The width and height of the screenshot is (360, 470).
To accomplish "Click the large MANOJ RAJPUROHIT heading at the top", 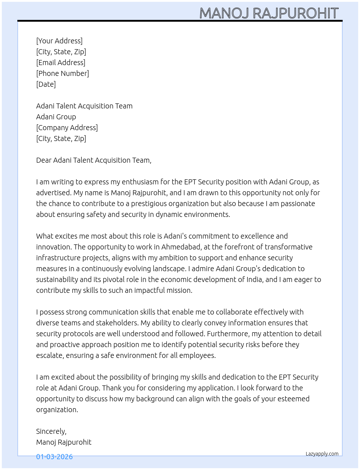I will [x=269, y=13].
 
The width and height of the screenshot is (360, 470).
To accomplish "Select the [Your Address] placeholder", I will [x=59, y=41].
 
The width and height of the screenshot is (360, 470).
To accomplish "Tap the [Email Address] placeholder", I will [x=61, y=63].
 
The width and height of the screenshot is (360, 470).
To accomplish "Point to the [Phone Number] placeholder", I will [x=63, y=73].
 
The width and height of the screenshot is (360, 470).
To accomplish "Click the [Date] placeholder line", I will [x=46, y=84].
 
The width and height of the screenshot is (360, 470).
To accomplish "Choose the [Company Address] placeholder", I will [x=67, y=128].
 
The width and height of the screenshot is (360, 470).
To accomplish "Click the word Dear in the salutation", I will [x=44, y=160].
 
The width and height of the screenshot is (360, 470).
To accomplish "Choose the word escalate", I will [x=49, y=355].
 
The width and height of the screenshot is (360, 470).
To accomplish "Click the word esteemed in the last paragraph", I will [x=293, y=399].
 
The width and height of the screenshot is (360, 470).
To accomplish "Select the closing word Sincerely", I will [x=51, y=431].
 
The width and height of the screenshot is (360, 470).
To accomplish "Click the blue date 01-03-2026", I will [x=54, y=457].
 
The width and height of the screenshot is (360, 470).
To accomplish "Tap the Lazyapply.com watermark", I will [x=322, y=454].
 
